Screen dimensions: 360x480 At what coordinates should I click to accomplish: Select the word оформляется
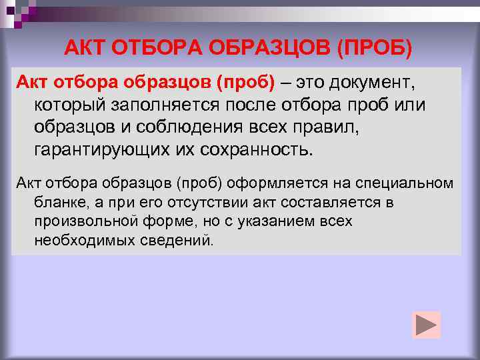tap(273, 183)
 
